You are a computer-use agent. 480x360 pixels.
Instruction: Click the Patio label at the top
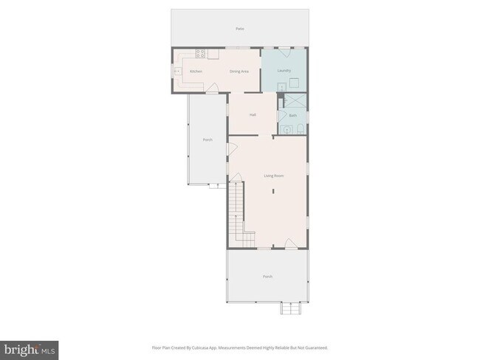click(x=239, y=29)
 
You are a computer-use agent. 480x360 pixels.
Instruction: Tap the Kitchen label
click(x=196, y=71)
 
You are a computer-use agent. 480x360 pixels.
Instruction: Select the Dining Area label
click(x=239, y=71)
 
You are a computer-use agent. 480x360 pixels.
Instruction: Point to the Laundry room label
click(x=284, y=70)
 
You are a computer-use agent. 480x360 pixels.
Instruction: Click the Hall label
click(x=253, y=114)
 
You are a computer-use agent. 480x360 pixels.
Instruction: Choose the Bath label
click(x=292, y=115)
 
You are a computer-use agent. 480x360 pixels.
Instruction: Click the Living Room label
click(x=274, y=176)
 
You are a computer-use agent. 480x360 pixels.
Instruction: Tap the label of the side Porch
click(x=208, y=139)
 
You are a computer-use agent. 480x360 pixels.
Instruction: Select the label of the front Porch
click(x=267, y=277)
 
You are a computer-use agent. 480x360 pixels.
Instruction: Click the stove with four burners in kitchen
click(x=199, y=52)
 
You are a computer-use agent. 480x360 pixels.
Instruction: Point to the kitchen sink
click(x=177, y=71)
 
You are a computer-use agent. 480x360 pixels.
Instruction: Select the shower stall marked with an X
click(x=293, y=103)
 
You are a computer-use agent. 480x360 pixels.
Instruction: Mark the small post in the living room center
click(x=272, y=191)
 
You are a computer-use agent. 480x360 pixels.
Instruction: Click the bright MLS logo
click(x=30, y=349)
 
